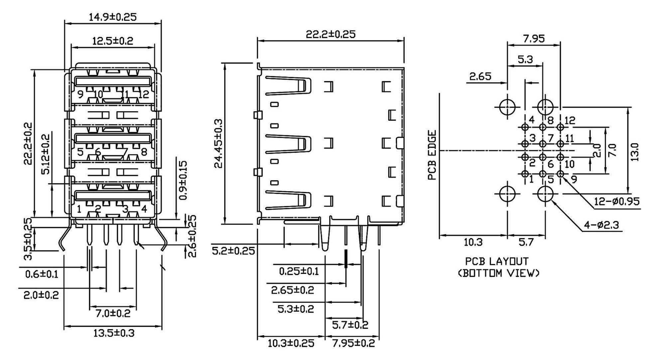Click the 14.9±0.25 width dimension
point(112,17)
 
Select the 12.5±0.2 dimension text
point(112,41)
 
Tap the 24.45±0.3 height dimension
point(218,143)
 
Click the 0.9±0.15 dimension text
point(183,180)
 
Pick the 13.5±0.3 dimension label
point(113,333)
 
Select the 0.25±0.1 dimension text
point(299,271)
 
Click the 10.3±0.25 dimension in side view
point(291,343)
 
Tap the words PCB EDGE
point(432,155)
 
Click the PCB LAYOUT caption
point(496,261)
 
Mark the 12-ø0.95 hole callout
point(616,201)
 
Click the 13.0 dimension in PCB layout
point(634,152)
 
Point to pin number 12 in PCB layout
point(570,120)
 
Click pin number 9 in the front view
point(80,94)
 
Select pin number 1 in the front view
point(79,209)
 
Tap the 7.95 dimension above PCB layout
point(534,39)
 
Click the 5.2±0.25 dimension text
point(233,251)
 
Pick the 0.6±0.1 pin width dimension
point(42,274)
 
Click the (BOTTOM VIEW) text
point(498,273)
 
